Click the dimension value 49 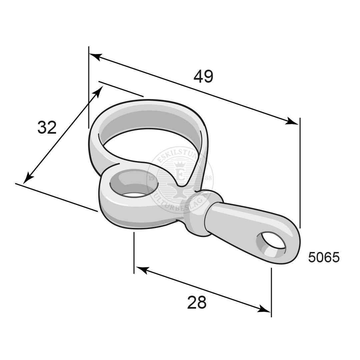tap(203, 77)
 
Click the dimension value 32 tap(47, 128)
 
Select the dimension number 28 tap(197, 303)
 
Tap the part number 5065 tap(324, 258)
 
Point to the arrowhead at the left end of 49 tap(94, 56)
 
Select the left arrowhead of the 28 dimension tap(140, 269)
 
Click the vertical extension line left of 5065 tap(300, 173)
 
